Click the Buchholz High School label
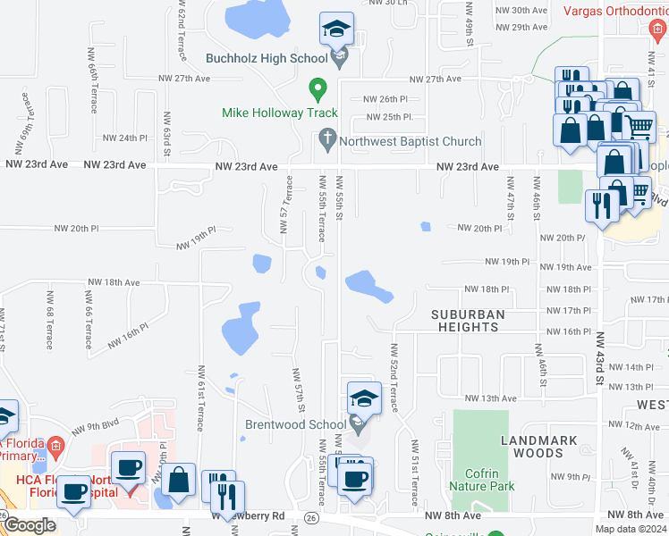tap(266, 60)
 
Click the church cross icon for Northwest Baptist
tap(326, 140)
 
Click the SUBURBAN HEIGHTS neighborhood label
tap(468, 321)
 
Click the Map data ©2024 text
tap(629, 528)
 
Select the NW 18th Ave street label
tap(114, 281)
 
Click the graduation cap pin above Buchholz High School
tap(337, 29)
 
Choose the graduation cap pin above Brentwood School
tap(364, 398)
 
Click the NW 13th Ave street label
tap(490, 398)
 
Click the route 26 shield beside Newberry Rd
tap(310, 517)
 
